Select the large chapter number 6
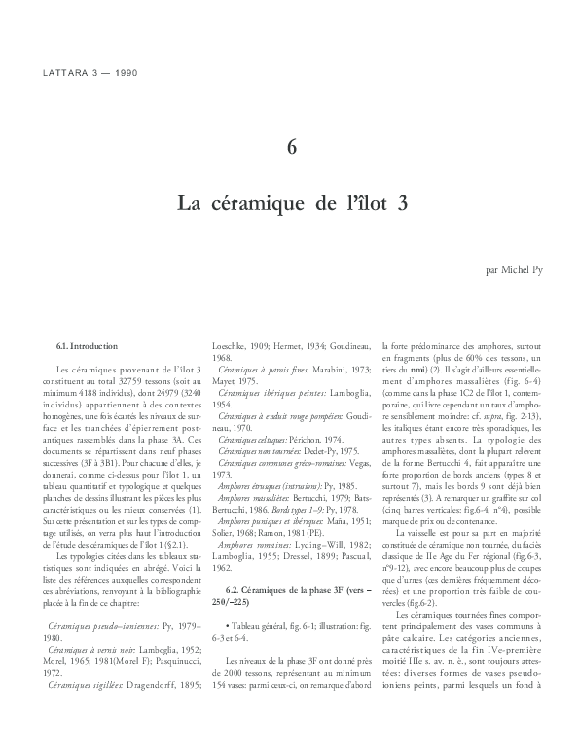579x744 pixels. [290, 147]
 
